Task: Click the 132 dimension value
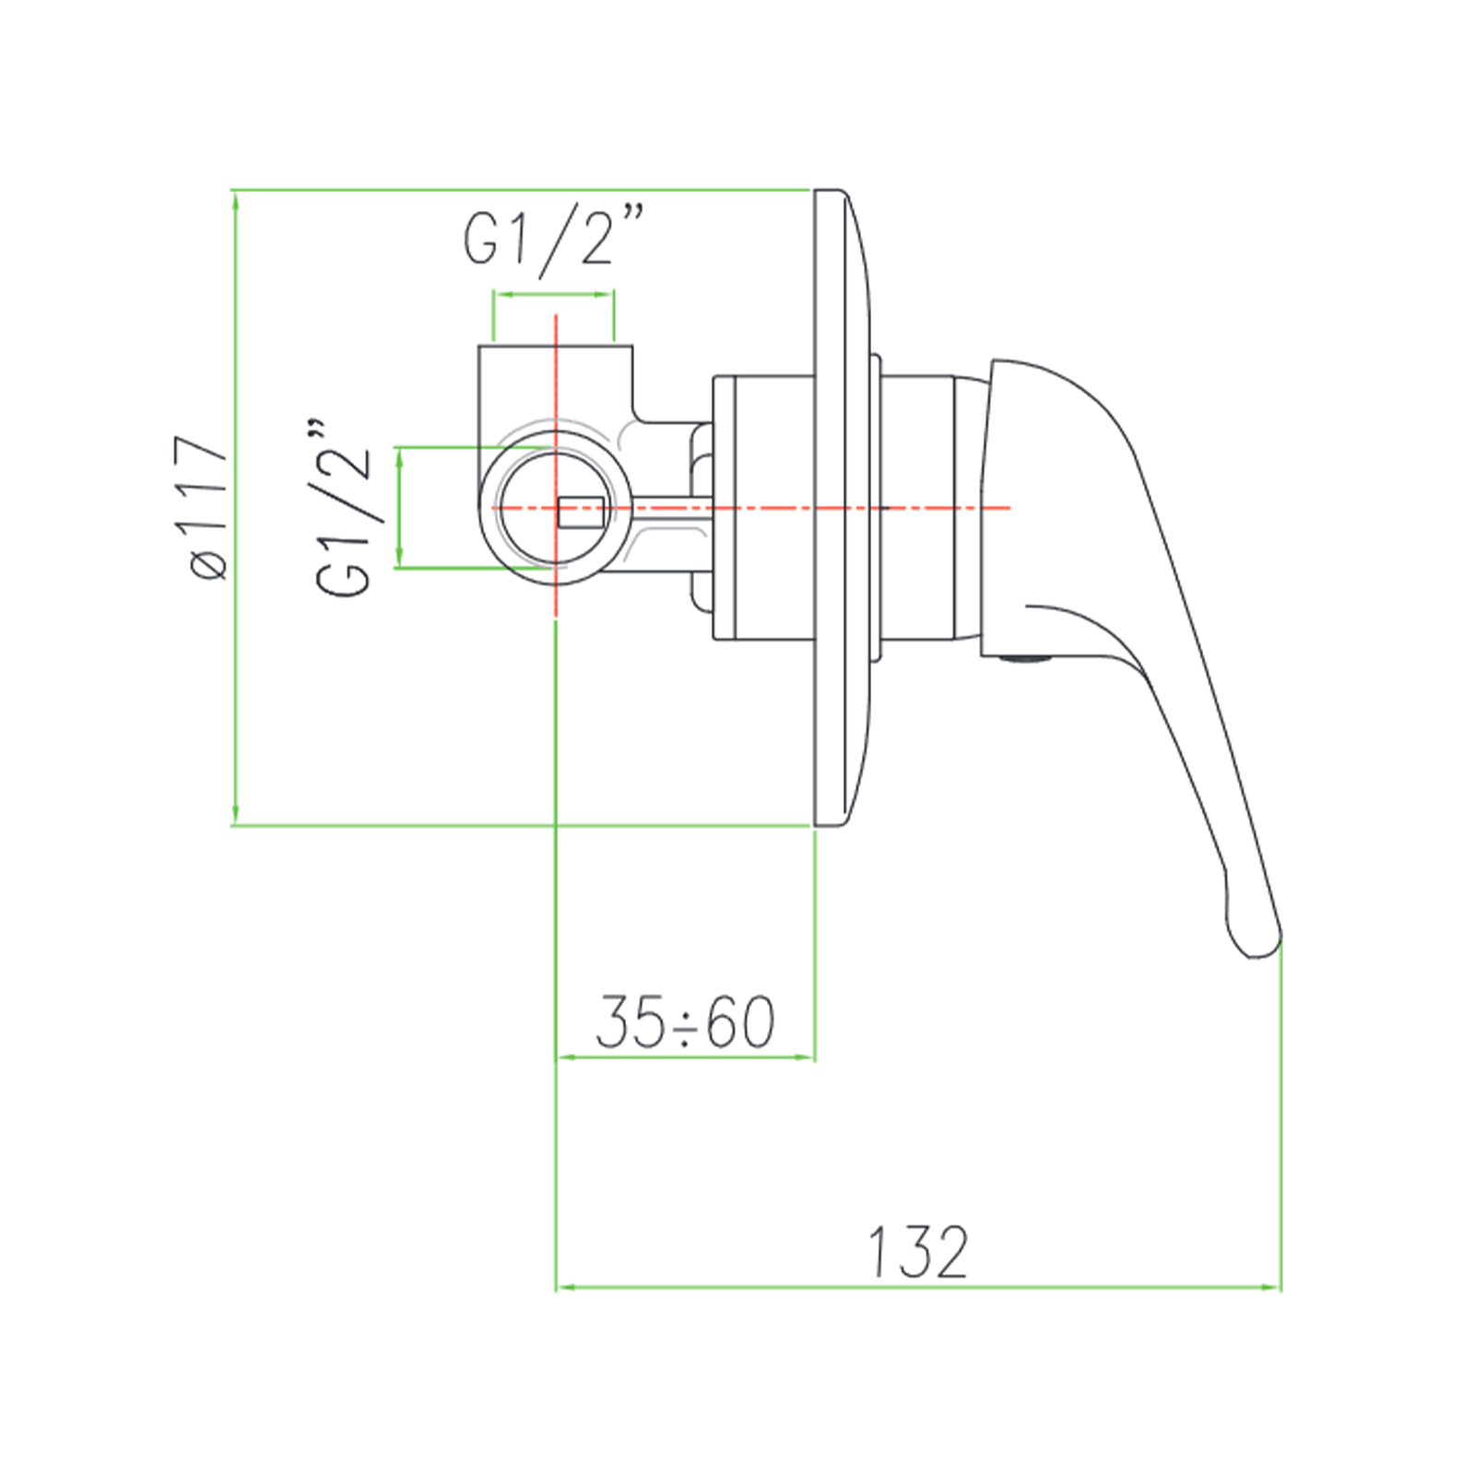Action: [x=917, y=1253]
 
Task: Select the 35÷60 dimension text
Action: [x=685, y=1022]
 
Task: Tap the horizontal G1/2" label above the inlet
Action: [x=551, y=238]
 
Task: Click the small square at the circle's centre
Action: [x=581, y=512]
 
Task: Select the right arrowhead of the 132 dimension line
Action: [x=1275, y=1287]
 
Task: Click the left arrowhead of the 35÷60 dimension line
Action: [x=563, y=1057]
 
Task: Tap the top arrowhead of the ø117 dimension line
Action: [x=236, y=198]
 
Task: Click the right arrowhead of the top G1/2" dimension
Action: [x=608, y=295]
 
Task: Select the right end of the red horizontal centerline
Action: [x=1009, y=508]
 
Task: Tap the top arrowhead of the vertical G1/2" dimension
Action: [x=399, y=454]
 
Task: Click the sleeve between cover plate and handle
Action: [x=917, y=507]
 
